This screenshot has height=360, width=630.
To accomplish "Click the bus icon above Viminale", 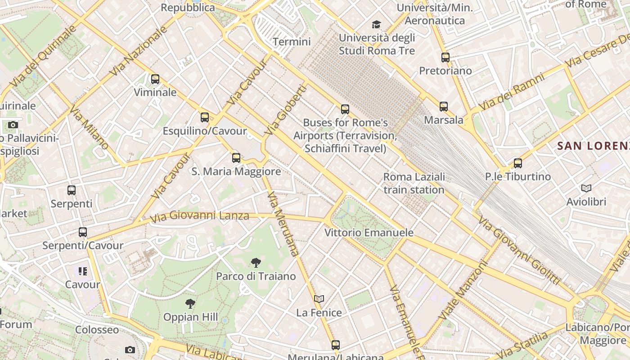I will tap(155, 79).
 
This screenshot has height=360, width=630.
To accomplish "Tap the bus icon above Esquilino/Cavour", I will tap(205, 117).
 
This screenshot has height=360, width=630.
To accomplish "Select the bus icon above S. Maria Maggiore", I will tap(236, 157).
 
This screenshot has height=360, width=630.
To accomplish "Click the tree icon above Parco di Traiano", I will tap(256, 262).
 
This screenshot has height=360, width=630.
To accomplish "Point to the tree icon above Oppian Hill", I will tap(190, 304).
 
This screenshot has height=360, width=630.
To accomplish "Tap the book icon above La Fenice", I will tap(319, 299).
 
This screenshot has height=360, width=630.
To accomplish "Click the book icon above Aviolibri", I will tap(586, 188).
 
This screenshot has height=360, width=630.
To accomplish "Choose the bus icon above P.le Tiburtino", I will tap(518, 163).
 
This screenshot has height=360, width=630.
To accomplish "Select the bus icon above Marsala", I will tap(444, 107).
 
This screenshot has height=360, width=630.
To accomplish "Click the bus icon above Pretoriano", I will tap(445, 58).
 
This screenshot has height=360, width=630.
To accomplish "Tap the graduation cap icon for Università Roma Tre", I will tap(376, 24).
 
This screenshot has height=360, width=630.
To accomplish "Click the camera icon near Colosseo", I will tap(130, 350).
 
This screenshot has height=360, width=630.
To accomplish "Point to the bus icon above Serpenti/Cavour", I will tap(83, 232).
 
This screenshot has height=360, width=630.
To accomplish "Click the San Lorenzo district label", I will tap(593, 146).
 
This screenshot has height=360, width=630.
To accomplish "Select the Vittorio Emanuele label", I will tap(369, 233).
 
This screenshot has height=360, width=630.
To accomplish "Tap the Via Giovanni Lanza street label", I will tap(199, 216).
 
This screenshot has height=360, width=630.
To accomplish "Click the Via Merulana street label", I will tap(283, 224).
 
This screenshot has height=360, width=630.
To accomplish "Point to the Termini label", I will tap(292, 42).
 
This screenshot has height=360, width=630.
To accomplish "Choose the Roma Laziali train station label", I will tap(414, 183).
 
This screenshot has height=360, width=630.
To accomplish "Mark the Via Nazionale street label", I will tap(138, 51).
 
